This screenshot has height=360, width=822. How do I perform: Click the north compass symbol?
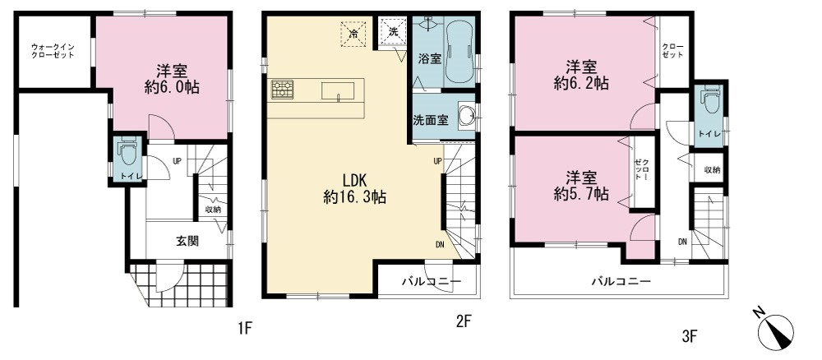(775, 331)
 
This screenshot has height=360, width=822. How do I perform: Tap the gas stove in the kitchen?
(283, 89)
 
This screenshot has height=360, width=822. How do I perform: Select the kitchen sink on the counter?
(338, 90)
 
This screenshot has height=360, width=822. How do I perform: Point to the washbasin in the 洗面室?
(467, 114)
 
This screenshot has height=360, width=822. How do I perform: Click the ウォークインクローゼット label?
(53, 51)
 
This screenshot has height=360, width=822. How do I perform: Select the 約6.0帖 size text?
(172, 87)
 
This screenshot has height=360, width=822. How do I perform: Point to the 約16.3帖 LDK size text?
(355, 197)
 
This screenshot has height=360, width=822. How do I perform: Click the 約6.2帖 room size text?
(581, 83)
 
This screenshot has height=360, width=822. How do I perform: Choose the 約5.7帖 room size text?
(581, 195)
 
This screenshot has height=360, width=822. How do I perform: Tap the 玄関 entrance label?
(187, 241)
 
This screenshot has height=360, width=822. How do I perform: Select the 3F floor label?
(690, 336)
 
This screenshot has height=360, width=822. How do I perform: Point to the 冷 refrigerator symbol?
(353, 34)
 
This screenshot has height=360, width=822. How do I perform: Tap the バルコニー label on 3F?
(621, 281)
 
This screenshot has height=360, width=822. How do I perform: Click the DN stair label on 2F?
(441, 243)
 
